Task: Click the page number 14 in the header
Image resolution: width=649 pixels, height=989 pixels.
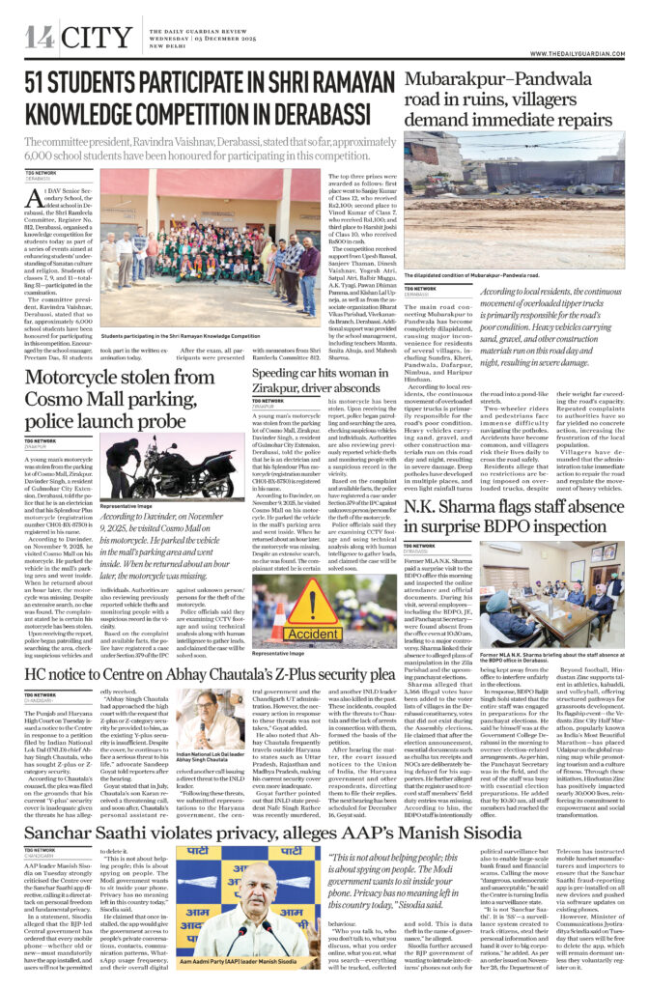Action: pyautogui.click(x=40, y=38)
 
